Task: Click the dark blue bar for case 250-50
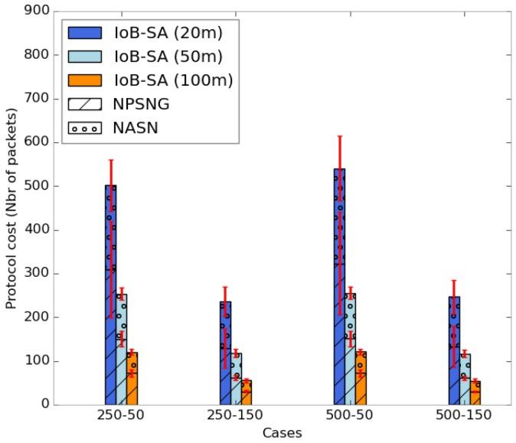click(x=111, y=295)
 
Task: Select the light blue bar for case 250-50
click(x=122, y=349)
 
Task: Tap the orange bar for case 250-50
click(x=132, y=379)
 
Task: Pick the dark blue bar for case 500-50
click(x=340, y=287)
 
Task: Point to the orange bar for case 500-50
click(x=361, y=379)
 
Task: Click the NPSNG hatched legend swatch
click(x=84, y=105)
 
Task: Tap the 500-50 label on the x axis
click(x=351, y=415)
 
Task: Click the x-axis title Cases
click(x=282, y=433)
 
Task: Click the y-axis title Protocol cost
click(x=11, y=207)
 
